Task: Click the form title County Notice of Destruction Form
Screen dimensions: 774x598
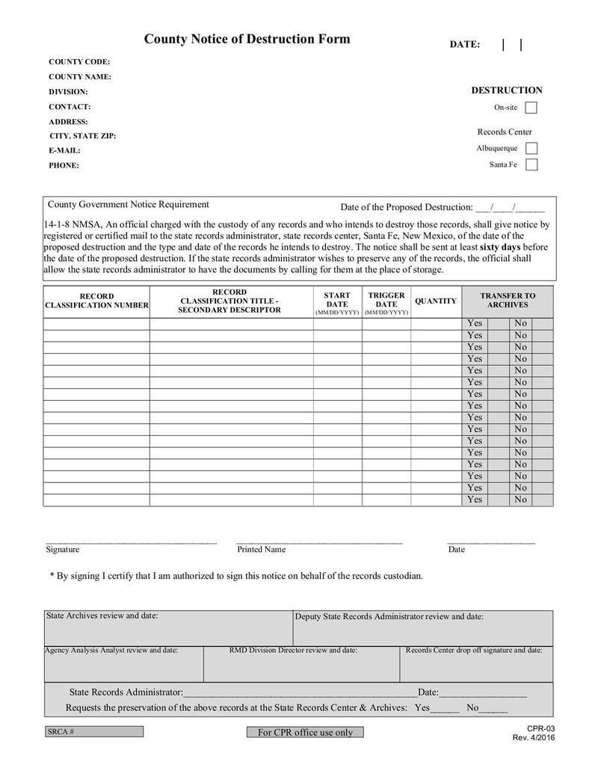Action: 247,40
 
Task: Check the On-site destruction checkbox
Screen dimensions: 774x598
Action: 531,108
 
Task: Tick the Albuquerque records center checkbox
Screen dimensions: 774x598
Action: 531,148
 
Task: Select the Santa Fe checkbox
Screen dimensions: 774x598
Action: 531,165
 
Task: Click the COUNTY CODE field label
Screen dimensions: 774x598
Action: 79,62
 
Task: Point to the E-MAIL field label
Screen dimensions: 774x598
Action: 64,150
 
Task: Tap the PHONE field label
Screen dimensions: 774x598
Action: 64,165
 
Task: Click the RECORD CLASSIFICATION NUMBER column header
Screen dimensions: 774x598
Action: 96,301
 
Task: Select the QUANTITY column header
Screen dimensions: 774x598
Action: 435,301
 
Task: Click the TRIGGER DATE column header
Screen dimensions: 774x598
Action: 386,300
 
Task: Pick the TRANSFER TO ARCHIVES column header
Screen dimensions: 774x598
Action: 508,301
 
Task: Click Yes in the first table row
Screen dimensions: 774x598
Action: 475,324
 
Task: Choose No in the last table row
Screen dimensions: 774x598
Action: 520,500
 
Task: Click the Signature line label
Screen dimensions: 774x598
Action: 62,550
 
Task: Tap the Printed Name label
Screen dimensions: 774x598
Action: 261,550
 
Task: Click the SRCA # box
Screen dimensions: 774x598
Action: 93,731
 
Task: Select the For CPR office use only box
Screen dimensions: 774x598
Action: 305,732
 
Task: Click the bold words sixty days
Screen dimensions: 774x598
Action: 501,247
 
